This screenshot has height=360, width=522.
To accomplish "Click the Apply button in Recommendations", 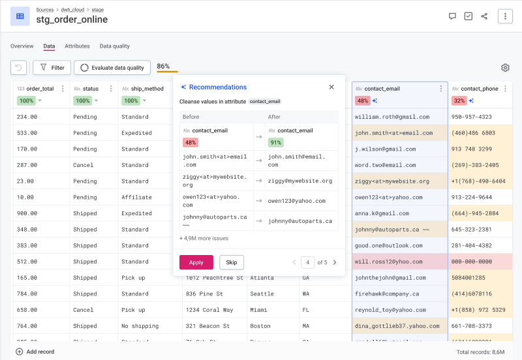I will [x=196, y=262].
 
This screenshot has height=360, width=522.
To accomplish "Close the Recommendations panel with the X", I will [x=331, y=87].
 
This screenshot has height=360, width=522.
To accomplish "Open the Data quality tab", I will [x=114, y=46].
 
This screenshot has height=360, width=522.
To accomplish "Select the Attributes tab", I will [x=77, y=46].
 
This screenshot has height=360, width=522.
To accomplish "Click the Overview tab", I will [x=22, y=46].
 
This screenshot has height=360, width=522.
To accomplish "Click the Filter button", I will [x=52, y=67].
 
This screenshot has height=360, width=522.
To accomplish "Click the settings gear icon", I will [x=505, y=68].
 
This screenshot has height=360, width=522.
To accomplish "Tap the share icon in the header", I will [x=484, y=16].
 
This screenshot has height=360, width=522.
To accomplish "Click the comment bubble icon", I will [x=452, y=16].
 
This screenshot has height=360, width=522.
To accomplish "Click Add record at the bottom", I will [x=35, y=352].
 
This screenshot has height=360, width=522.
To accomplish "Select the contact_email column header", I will [x=382, y=89].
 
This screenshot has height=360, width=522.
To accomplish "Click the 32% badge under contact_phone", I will [x=459, y=100].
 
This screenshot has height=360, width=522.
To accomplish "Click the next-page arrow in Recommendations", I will [x=335, y=262].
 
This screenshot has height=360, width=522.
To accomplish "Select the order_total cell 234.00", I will [x=27, y=117].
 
